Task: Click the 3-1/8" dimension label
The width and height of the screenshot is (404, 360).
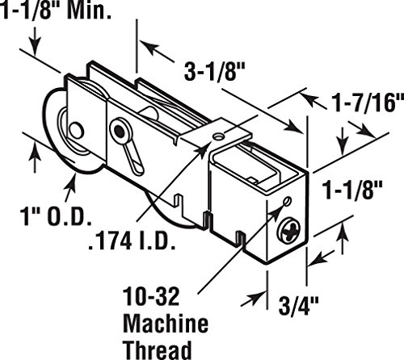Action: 214,72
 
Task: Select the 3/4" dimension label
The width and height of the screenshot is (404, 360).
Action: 298,305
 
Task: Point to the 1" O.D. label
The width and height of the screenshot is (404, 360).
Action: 56,216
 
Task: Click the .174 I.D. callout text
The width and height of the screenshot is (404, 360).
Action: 132,241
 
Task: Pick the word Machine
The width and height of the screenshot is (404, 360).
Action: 166,324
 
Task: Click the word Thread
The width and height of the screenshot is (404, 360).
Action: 158,350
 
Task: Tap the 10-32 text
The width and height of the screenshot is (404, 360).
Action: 151,296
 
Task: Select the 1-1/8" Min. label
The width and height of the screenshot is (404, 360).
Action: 56,10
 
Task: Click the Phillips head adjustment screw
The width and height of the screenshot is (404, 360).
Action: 288,231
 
